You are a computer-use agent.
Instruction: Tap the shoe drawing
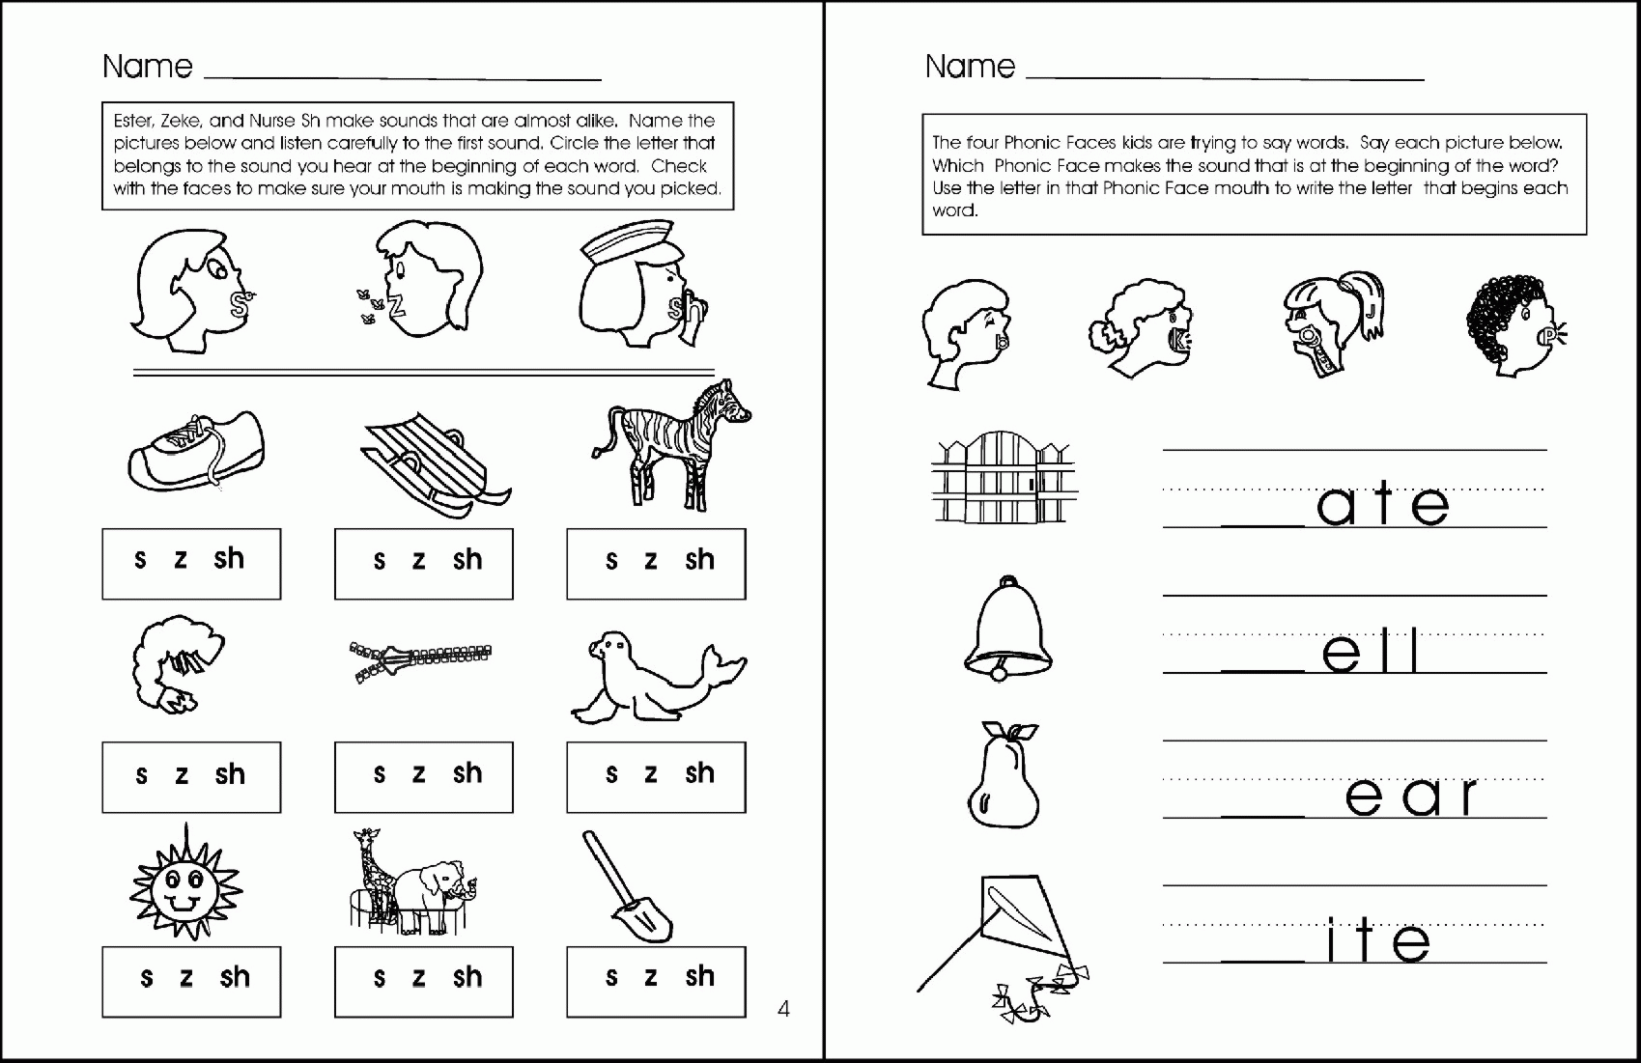point(195,451)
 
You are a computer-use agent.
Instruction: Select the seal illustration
point(657,676)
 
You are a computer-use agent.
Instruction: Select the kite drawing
point(1004,937)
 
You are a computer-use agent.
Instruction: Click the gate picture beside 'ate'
point(1004,477)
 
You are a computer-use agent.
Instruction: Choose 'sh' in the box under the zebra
point(699,560)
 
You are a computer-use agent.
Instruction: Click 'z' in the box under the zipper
point(418,774)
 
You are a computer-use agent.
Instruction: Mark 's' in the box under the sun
point(147,978)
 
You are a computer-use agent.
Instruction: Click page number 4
point(783,1009)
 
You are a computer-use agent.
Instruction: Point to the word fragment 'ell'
point(1372,652)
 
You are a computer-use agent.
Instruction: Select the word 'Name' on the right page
point(970,67)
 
